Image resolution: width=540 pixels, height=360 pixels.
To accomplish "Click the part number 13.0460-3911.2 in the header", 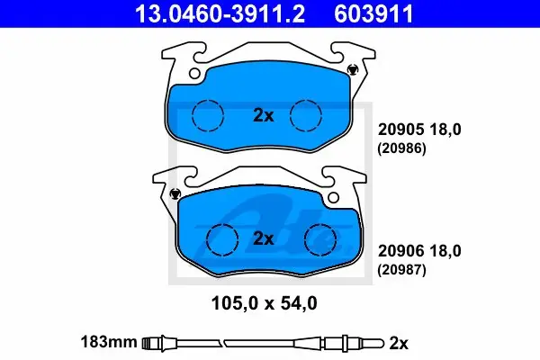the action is (220, 13).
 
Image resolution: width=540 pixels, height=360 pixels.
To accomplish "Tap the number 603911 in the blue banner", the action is (373, 13).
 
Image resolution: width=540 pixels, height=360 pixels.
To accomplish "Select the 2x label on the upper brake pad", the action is (264, 115).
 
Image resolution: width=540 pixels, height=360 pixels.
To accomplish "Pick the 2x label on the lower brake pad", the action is (264, 238).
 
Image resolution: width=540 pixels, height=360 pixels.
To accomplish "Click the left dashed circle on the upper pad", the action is (208, 116).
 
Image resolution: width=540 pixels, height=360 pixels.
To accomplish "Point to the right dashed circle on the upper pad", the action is (306, 116).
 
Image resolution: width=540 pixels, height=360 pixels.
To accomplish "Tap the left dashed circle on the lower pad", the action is (222, 239).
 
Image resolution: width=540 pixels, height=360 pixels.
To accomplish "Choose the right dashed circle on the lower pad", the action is (320, 239).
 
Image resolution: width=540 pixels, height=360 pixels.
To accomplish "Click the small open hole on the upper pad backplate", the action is (194, 74).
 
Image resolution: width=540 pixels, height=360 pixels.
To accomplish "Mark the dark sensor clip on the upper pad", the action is (352, 69).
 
